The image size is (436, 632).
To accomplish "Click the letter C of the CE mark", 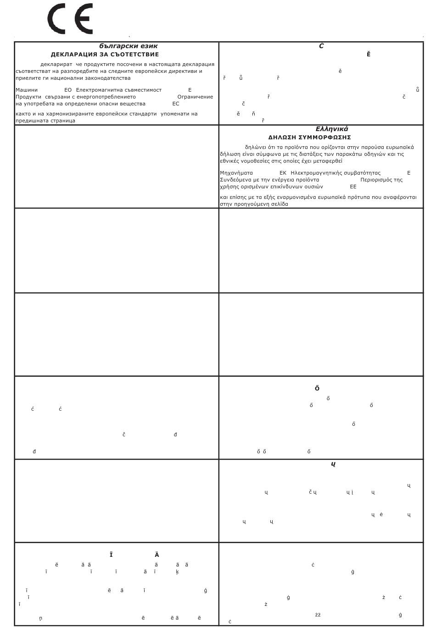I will [x=56, y=19].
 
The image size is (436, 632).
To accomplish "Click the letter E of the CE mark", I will [x=84, y=19].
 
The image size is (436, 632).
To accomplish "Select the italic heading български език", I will [x=128, y=46].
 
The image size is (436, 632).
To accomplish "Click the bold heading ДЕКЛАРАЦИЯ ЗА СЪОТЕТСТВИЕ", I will [x=105, y=55].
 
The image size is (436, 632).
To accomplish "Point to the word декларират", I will [x=56, y=65].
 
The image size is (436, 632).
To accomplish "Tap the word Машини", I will [x=27, y=90].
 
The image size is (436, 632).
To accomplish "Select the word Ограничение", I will [x=195, y=97].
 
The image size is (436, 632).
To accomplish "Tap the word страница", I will [x=63, y=121].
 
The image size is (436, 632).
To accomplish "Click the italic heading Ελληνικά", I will [x=331, y=129].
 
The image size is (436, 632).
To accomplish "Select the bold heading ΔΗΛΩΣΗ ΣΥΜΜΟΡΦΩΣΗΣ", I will [x=309, y=137].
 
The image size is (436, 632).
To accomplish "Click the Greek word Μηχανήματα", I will [x=236, y=173].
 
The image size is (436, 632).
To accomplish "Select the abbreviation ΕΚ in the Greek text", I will [x=283, y=173].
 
